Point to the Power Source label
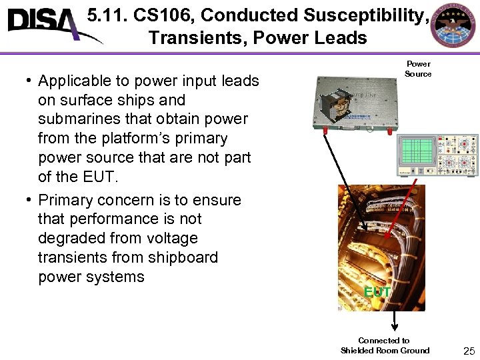[418, 69]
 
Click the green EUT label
[377, 292]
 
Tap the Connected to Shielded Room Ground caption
[385, 345]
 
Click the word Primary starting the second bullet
[65, 200]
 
